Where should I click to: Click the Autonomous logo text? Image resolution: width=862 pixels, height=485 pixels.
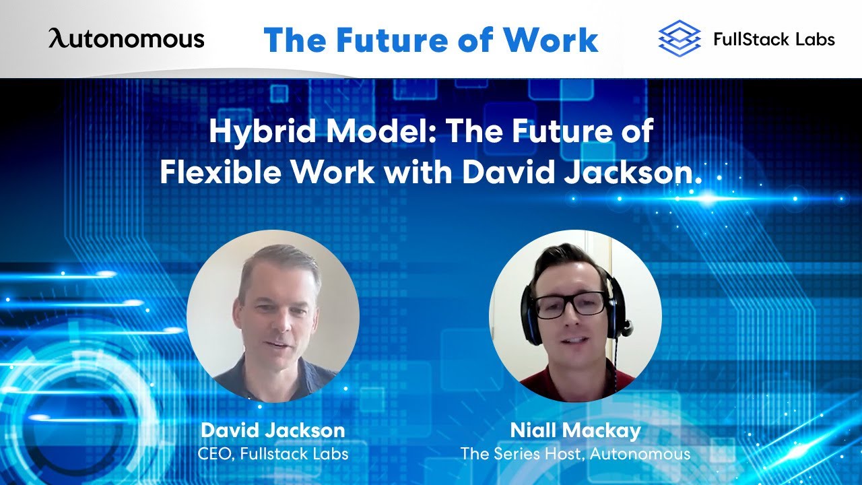click(126, 38)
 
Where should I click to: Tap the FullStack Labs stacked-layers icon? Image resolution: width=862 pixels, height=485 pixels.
click(679, 38)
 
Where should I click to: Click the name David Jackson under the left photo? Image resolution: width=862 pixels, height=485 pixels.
click(273, 430)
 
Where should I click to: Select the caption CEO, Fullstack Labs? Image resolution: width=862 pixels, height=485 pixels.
click(273, 453)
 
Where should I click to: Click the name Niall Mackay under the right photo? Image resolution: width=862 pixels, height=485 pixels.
click(575, 430)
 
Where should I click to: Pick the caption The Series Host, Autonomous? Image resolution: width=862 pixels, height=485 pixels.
click(575, 453)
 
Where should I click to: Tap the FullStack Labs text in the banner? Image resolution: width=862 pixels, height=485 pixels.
click(774, 39)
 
